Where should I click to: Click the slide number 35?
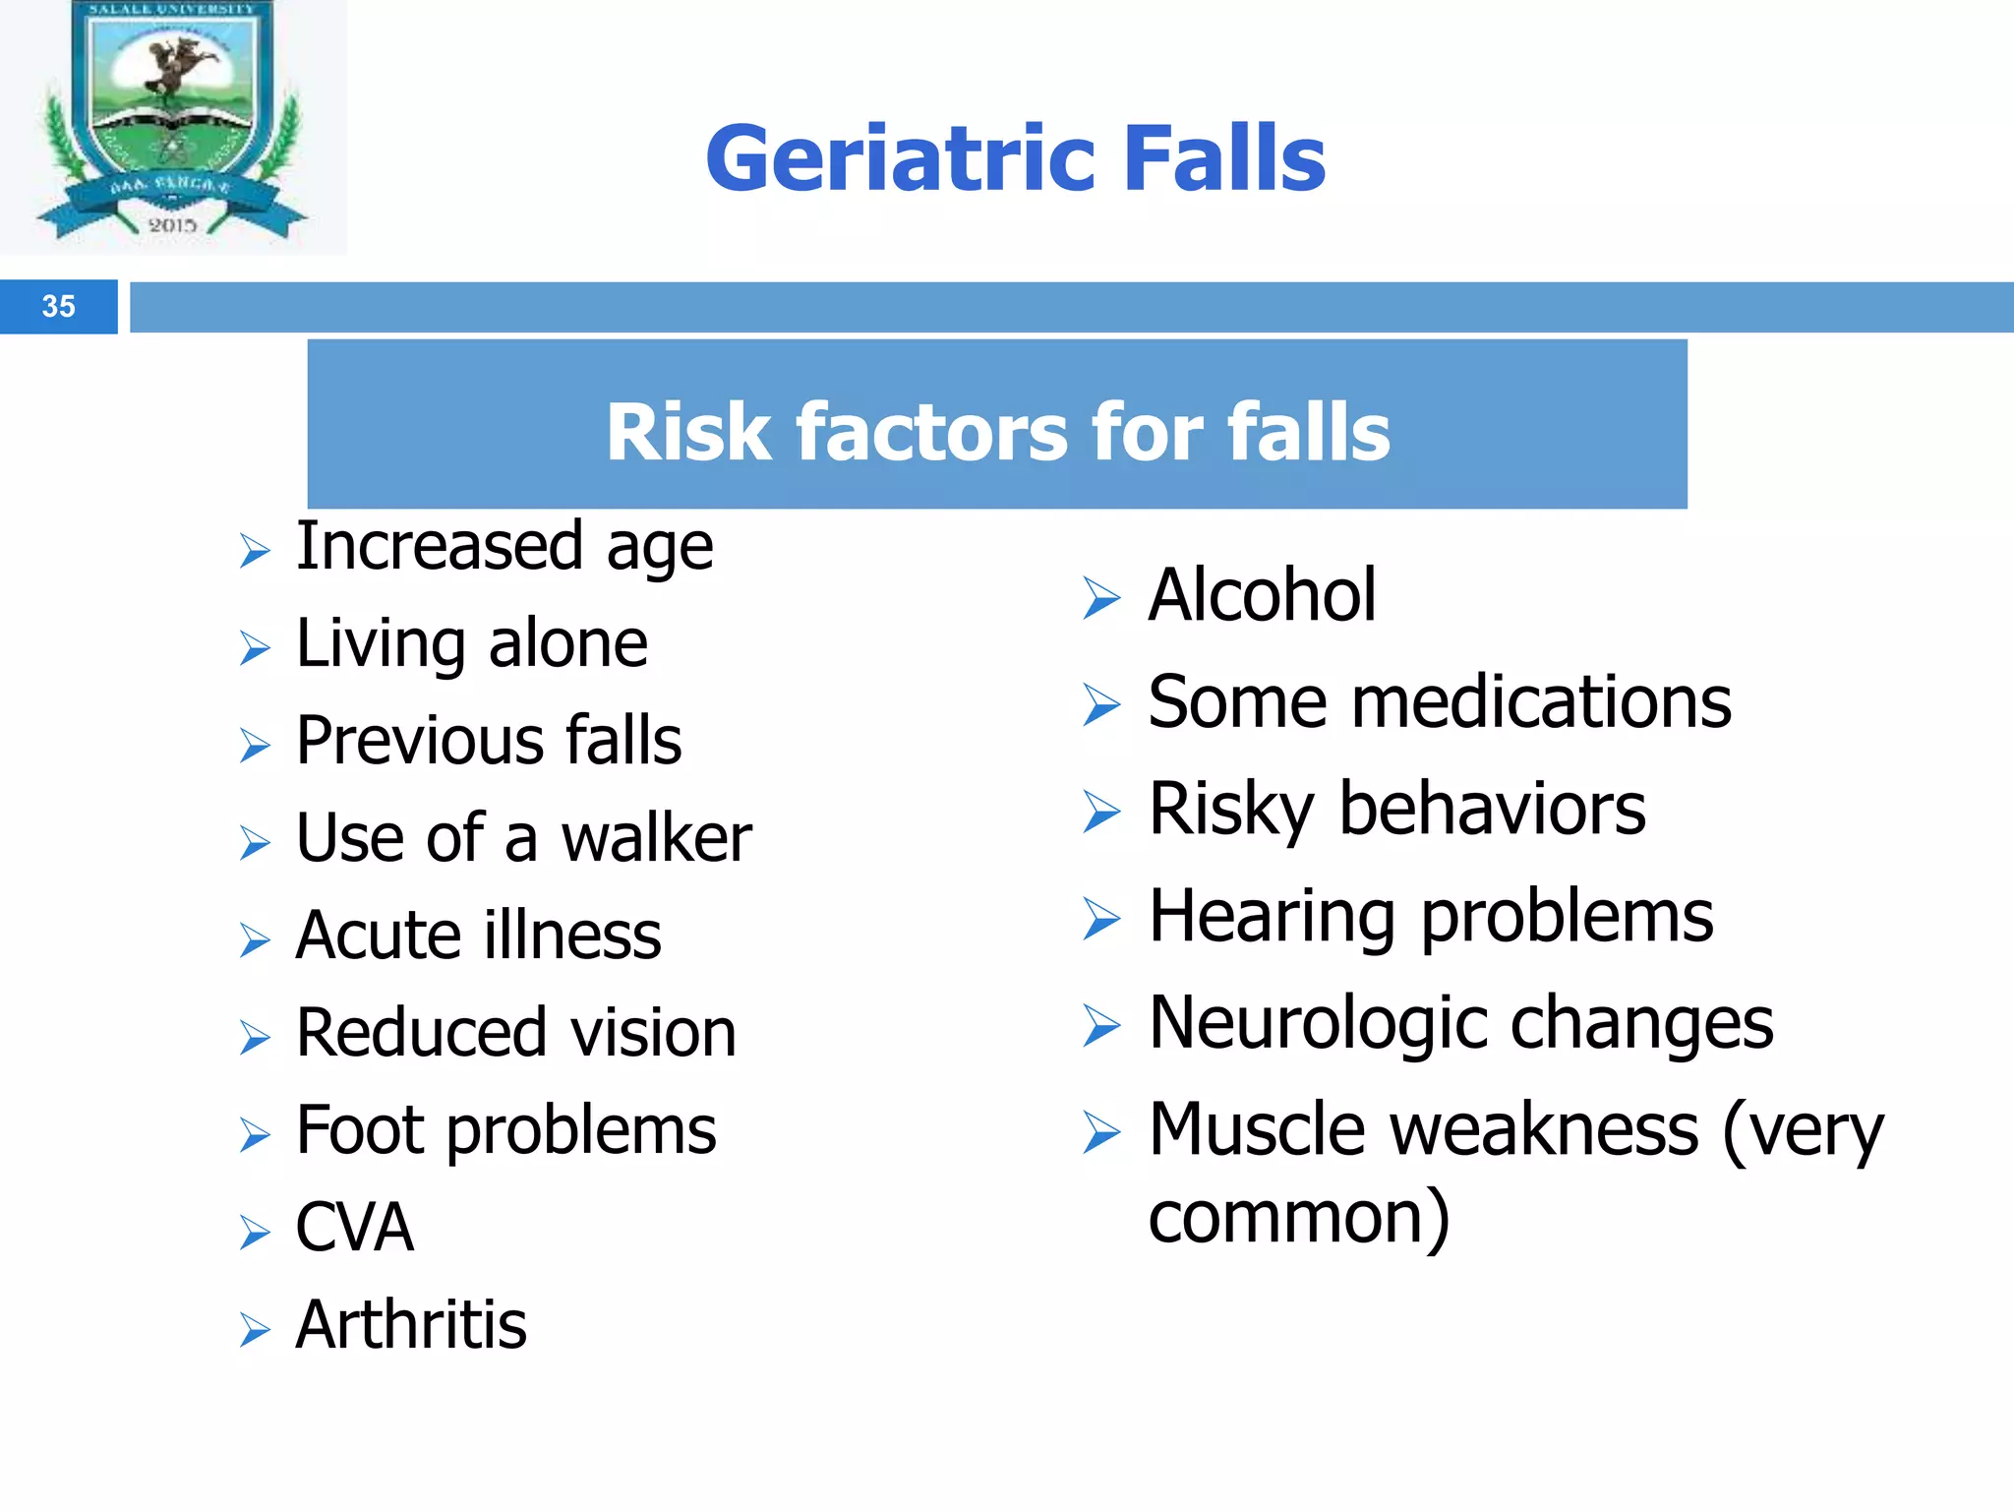[x=58, y=307]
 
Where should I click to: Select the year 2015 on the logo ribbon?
[x=172, y=225]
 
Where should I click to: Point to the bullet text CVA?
[x=354, y=1228]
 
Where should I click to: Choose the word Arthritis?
[x=411, y=1325]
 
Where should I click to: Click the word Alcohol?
[x=1262, y=595]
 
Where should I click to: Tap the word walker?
[x=656, y=838]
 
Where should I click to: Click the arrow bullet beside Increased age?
[x=255, y=551]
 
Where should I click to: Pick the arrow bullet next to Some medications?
[x=1101, y=704]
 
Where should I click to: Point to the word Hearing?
[x=1272, y=917]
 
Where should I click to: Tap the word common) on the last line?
[x=1298, y=1218]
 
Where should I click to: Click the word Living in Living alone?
[x=381, y=644]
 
